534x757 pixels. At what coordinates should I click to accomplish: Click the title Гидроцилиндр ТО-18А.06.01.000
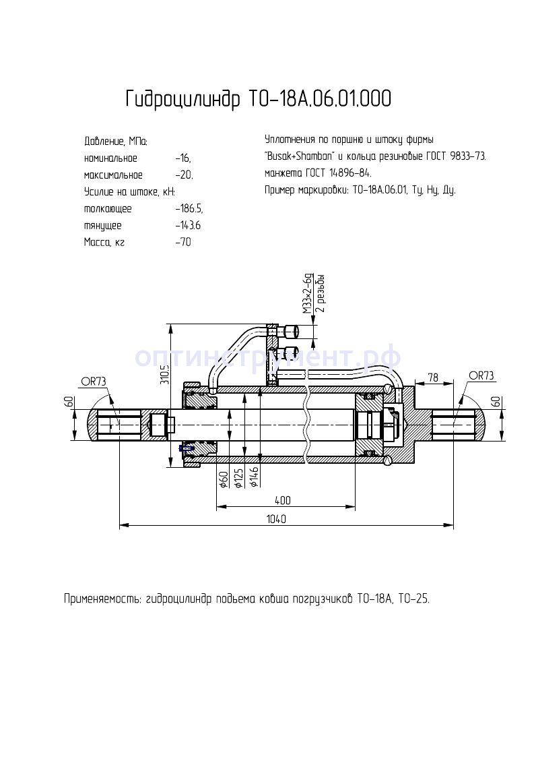[258, 99]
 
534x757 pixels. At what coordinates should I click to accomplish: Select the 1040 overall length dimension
[276, 519]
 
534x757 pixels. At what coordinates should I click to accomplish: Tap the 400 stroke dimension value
[283, 500]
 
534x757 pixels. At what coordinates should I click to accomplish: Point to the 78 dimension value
[433, 378]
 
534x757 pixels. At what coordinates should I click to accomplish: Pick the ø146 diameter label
[255, 477]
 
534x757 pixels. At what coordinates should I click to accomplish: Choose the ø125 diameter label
[238, 477]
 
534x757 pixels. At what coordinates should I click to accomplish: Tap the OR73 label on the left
[94, 382]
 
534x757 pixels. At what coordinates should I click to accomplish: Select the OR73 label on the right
[481, 375]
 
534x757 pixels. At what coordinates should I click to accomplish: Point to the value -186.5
[189, 209]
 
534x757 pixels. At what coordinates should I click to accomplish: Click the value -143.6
[187, 226]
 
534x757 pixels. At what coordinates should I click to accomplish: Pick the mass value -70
[182, 243]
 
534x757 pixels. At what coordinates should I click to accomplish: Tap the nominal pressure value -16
[182, 158]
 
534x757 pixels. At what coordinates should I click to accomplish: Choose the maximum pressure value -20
[183, 175]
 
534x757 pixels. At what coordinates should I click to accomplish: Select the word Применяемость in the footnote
[102, 598]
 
